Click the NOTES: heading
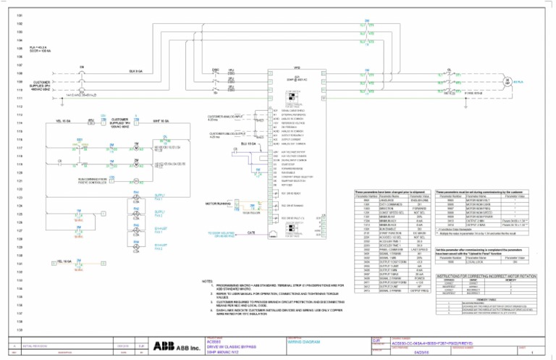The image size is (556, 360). click(x=207, y=301)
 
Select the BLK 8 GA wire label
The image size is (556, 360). click(x=135, y=71)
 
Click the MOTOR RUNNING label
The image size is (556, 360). click(x=218, y=204)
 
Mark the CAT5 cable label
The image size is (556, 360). click(x=250, y=233)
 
